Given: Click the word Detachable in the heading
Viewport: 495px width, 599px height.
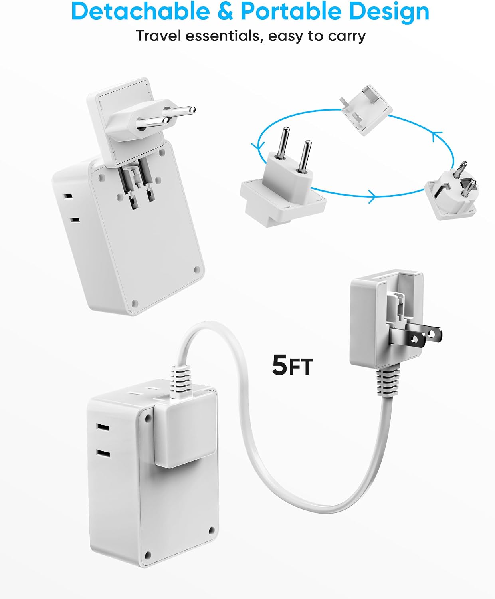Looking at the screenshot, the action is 141,11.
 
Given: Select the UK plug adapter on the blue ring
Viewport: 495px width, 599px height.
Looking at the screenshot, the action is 366,109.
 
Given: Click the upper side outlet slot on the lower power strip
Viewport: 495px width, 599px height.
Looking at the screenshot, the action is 103,427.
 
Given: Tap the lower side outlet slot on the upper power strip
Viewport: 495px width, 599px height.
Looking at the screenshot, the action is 75,220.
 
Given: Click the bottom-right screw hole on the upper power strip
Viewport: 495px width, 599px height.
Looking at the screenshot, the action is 197,270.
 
